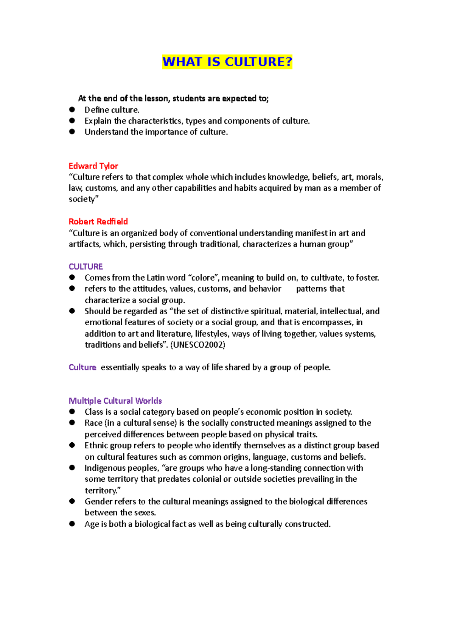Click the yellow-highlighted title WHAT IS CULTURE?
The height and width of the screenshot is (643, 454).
pos(227,62)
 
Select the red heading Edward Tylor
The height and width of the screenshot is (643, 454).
pos(93,166)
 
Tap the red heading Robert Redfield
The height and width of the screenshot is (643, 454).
pos(98,222)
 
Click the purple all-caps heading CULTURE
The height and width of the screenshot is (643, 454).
pos(86,267)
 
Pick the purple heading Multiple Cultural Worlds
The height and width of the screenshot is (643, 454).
pos(115,401)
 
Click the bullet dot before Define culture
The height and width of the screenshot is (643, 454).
pos(72,110)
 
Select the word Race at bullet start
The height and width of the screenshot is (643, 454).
pos(93,423)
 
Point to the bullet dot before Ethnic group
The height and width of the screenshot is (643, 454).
pos(72,446)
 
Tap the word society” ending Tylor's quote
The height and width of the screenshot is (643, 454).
pos(84,199)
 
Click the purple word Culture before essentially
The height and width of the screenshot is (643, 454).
pos(82,367)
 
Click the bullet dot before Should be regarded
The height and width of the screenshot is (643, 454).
pos(72,311)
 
